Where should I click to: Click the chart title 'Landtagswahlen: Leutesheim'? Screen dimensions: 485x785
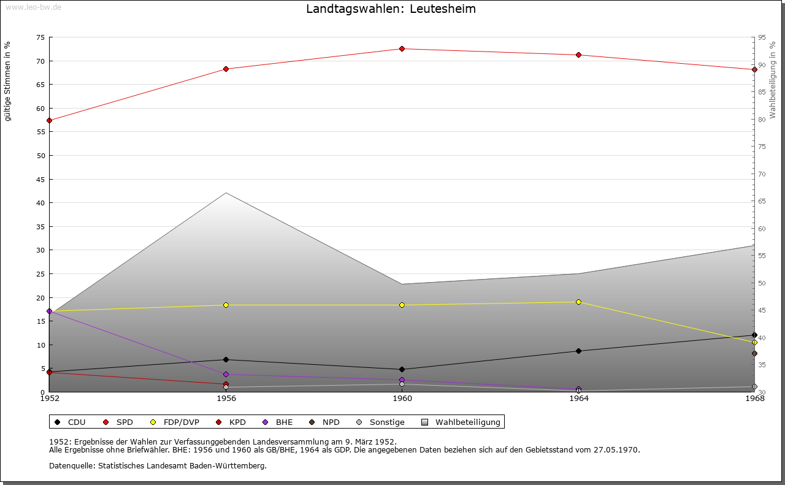391,9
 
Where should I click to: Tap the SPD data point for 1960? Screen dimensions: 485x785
402,49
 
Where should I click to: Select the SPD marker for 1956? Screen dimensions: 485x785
226,69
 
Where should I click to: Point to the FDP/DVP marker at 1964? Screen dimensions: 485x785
578,302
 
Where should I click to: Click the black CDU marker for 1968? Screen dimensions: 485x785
754,335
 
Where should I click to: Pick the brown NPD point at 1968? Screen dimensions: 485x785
754,354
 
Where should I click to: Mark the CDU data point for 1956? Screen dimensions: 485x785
226,360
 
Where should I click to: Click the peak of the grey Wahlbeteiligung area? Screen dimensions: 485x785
226,193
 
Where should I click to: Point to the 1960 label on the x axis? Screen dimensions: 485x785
402,399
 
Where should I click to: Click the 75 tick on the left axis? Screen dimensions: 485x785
40,37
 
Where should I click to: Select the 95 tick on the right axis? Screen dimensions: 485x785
762,37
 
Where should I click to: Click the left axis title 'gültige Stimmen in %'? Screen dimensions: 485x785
8,82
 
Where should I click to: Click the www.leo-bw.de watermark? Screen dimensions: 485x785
33,6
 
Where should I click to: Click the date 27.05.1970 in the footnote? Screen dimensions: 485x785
616,450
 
